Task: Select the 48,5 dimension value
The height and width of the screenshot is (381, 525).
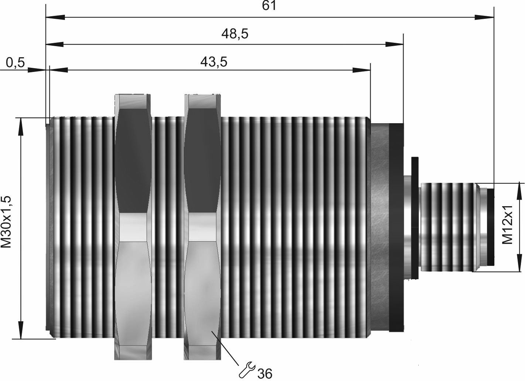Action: pyautogui.click(x=235, y=34)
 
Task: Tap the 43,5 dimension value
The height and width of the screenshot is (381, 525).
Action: pyautogui.click(x=214, y=62)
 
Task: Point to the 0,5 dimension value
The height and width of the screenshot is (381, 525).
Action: pyautogui.click(x=15, y=63)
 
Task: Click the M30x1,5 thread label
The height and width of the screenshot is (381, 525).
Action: pyautogui.click(x=6, y=222)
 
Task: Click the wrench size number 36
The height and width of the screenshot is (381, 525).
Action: pyautogui.click(x=265, y=373)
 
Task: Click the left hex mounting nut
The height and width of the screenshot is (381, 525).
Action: pyautogui.click(x=133, y=227)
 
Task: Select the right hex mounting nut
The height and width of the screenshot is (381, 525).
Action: pyautogui.click(x=202, y=227)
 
